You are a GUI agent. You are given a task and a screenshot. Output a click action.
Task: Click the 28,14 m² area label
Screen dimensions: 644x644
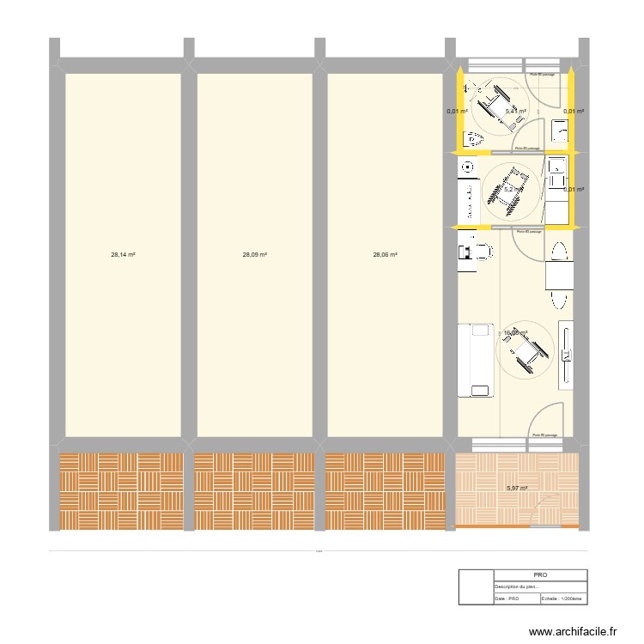pos(123,255)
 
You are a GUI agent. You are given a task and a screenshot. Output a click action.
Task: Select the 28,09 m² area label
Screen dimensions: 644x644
pos(255,255)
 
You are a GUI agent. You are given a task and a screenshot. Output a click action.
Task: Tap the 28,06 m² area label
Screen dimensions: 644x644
pos(386,255)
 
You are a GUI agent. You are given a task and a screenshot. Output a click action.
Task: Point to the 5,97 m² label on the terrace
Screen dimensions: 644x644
pos(516,488)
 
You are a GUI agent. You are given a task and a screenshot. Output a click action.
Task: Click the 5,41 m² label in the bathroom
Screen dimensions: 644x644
pos(515,112)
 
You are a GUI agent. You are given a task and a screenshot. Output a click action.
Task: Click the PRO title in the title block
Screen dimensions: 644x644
pos(540,575)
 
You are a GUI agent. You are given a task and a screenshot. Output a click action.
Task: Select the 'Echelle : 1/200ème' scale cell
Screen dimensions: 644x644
pos(563,599)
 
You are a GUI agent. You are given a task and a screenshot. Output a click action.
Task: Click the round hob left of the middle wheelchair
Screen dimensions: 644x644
pos(467,166)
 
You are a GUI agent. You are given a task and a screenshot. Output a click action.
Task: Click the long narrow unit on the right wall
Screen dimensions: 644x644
pos(568,354)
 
